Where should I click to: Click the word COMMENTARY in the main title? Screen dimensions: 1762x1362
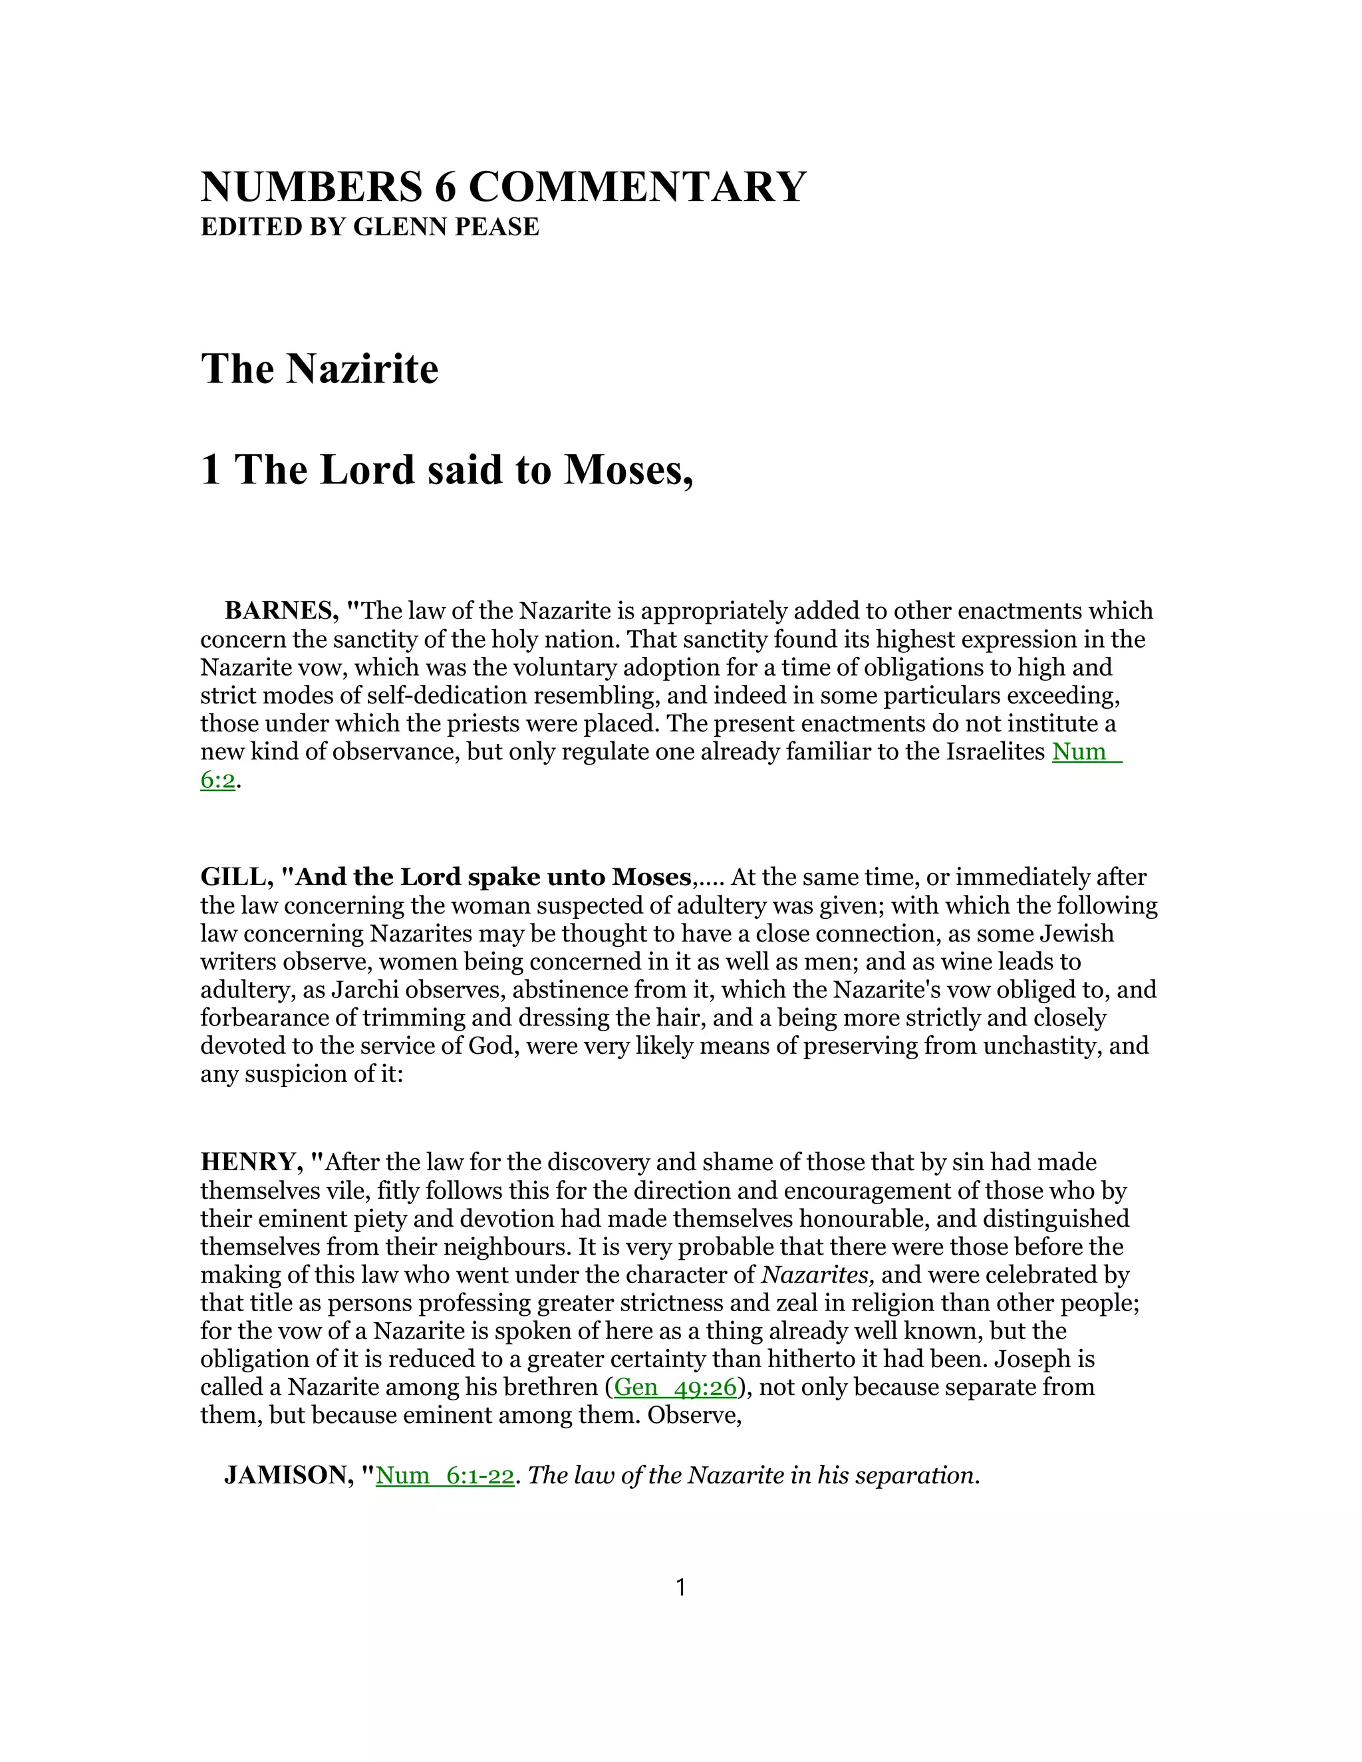636,188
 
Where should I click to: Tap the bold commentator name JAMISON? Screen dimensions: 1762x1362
287,1475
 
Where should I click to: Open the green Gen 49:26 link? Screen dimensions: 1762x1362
676,1387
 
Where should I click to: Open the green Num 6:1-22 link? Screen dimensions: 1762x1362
445,1475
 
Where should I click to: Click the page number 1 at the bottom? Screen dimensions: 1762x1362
680,1588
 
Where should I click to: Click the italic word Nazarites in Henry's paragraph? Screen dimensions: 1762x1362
818,1275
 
